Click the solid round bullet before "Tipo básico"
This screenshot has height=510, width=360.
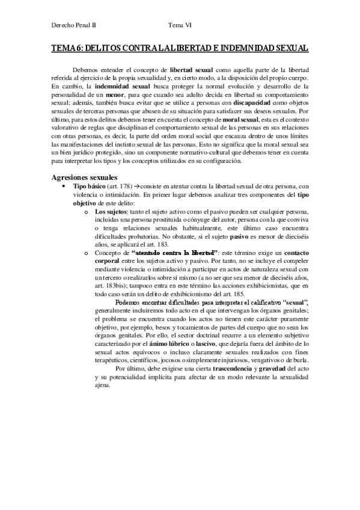coord(64,188)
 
